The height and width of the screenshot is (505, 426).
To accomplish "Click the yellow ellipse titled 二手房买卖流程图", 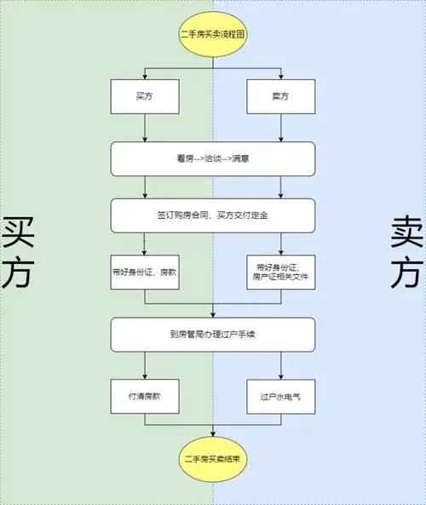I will pyautogui.click(x=212, y=35).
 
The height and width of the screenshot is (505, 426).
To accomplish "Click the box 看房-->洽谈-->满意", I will pyautogui.click(x=212, y=158).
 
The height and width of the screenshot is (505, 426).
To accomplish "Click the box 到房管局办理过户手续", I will pyautogui.click(x=212, y=334).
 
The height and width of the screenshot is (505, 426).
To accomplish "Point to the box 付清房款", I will pyautogui.click(x=144, y=396).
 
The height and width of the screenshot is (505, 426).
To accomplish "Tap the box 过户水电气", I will pyautogui.click(x=280, y=396).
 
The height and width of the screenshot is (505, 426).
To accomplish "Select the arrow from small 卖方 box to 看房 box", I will pyautogui.click(x=280, y=129).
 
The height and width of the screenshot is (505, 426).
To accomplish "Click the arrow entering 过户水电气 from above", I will pyautogui.click(x=280, y=364).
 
